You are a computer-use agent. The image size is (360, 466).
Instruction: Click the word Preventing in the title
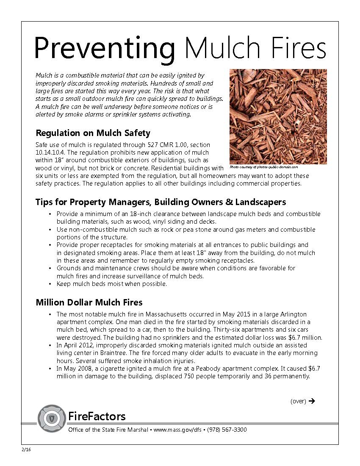(104, 47)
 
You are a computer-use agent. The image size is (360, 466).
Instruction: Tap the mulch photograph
(278, 116)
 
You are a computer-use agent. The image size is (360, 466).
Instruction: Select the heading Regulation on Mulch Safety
(93, 133)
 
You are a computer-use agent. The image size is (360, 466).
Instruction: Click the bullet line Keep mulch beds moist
(112, 284)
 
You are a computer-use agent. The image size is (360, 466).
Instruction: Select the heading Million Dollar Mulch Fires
(89, 302)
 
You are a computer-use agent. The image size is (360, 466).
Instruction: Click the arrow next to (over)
(312, 401)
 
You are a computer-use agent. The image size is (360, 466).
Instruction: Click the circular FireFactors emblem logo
(51, 418)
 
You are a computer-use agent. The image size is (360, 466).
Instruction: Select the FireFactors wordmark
(97, 416)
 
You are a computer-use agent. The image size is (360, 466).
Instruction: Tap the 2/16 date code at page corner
(26, 449)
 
